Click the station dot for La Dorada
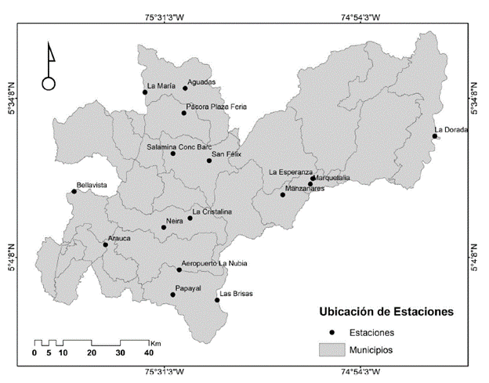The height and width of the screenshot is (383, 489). [x=434, y=136]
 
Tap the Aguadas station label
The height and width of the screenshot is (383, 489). [x=201, y=81]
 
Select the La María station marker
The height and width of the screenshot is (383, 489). [x=145, y=92]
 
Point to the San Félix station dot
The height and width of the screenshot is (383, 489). [x=209, y=161]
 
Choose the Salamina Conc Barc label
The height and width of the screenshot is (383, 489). [x=179, y=146]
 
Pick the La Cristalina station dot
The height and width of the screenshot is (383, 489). [x=190, y=218]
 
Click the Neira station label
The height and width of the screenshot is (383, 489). [x=175, y=222]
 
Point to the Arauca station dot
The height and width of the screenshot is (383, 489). [x=105, y=244]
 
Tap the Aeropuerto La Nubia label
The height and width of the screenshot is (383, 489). [x=214, y=263]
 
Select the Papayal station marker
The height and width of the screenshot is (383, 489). [x=173, y=294]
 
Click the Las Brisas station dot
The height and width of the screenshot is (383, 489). [x=216, y=301]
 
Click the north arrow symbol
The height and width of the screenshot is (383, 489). [x=49, y=67]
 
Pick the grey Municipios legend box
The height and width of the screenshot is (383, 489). [x=331, y=350]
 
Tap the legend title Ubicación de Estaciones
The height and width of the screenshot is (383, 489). [x=386, y=312]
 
